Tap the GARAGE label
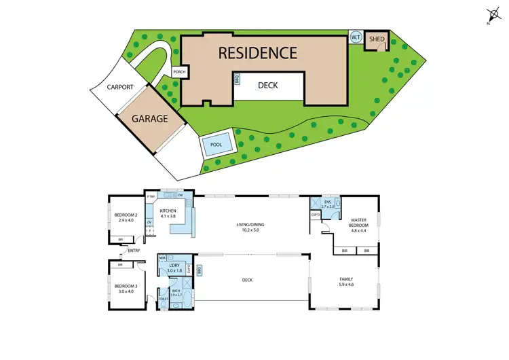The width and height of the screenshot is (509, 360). point(149,118)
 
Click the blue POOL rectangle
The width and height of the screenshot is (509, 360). point(216,145)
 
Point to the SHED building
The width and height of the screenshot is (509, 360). point(377,40)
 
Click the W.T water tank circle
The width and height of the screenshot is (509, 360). point(355,37)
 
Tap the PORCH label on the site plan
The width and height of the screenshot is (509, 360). point(179,72)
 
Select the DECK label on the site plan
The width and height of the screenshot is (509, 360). point(268,86)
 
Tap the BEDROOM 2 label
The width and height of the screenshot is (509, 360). point(127,217)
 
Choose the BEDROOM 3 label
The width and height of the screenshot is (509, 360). point(126,288)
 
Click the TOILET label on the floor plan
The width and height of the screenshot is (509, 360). point(163,299)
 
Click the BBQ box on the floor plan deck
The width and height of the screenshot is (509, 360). point(199,271)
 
